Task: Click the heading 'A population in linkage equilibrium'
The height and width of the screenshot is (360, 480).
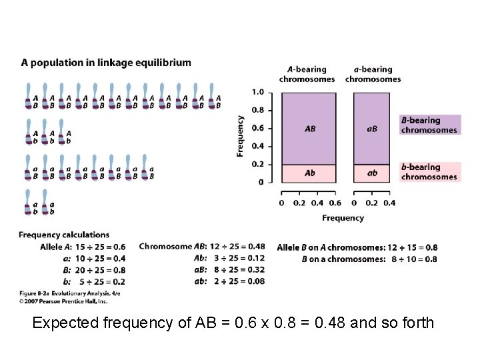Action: (106, 63)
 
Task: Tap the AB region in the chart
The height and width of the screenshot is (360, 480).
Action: (309, 128)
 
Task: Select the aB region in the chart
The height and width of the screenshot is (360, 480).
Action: (371, 128)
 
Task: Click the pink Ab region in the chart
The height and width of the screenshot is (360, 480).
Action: (309, 173)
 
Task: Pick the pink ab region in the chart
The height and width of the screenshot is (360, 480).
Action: (371, 173)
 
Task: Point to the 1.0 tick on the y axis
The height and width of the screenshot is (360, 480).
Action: (258, 92)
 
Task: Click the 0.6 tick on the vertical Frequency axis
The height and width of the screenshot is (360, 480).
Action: (258, 128)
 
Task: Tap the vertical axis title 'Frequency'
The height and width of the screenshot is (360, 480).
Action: (240, 136)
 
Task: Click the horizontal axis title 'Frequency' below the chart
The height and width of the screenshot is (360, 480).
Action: (343, 218)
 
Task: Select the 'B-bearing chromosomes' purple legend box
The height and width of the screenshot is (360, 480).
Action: (430, 125)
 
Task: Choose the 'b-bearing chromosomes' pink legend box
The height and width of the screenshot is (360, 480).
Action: (430, 172)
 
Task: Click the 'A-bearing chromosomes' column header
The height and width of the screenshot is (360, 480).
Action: (307, 74)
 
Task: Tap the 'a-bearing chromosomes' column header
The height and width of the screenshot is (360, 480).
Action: (373, 74)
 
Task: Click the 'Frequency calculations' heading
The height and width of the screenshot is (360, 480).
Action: (64, 235)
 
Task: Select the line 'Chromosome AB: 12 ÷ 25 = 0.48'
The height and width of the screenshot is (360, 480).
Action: (201, 247)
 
